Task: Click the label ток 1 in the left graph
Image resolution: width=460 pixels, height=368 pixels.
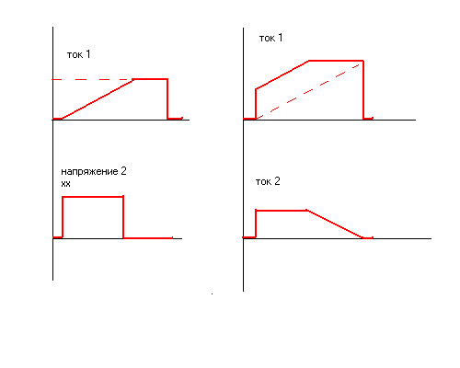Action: pyautogui.click(x=78, y=54)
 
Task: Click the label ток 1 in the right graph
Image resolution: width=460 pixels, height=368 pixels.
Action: pyautogui.click(x=270, y=38)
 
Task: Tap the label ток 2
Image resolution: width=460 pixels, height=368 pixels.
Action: pyautogui.click(x=268, y=181)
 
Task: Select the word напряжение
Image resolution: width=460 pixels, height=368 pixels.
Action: pyautogui.click(x=89, y=171)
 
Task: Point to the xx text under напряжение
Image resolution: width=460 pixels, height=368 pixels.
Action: pyautogui.click(x=65, y=184)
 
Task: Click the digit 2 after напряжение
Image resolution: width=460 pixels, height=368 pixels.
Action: pyautogui.click(x=123, y=171)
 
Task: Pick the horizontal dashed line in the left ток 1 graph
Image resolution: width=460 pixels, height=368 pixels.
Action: pyautogui.click(x=92, y=80)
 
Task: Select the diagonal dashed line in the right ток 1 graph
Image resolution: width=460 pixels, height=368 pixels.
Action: pyautogui.click(x=308, y=91)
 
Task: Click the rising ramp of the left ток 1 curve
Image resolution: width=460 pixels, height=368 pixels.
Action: pyautogui.click(x=98, y=99)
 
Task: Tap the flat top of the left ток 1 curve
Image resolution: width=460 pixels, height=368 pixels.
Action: pyautogui.click(x=150, y=79)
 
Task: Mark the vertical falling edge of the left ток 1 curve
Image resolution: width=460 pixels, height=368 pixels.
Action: pyautogui.click(x=167, y=98)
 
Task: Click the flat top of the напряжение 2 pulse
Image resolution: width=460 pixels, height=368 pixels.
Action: pyautogui.click(x=93, y=197)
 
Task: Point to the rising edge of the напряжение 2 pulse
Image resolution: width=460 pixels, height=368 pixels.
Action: pyautogui.click(x=63, y=217)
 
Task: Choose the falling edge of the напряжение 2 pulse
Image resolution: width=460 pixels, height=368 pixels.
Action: pyautogui.click(x=123, y=217)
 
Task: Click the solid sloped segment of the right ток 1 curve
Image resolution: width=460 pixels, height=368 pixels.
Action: pyautogui.click(x=282, y=75)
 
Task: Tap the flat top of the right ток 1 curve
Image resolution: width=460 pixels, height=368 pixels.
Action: pyautogui.click(x=336, y=61)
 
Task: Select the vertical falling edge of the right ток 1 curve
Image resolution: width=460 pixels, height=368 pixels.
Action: pyautogui.click(x=363, y=90)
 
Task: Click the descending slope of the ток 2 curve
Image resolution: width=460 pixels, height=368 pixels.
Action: pyautogui.click(x=335, y=224)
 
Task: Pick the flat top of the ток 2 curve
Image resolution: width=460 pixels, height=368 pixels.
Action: pyautogui.click(x=282, y=211)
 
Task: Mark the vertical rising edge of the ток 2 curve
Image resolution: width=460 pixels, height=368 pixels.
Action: pyautogui.click(x=256, y=224)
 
